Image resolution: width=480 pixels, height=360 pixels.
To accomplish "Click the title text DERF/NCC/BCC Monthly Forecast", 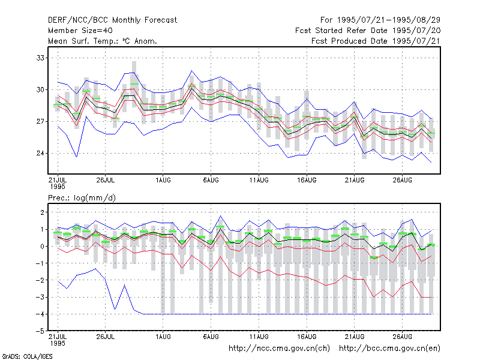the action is [112, 20].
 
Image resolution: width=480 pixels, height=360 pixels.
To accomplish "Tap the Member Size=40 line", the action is [80, 31].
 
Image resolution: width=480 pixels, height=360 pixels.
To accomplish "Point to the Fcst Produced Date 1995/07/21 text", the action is [376, 41].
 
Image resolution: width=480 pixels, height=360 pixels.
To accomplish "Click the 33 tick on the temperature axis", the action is [40, 58].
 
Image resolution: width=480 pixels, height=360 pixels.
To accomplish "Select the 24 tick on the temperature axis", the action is [40, 153].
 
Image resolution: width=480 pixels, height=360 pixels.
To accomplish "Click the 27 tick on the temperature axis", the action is [40, 122].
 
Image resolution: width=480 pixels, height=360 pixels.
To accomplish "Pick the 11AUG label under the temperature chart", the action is [259, 180].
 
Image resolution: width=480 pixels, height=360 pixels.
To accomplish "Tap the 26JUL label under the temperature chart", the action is [106, 180].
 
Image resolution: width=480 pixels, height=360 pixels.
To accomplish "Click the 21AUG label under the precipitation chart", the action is [355, 337].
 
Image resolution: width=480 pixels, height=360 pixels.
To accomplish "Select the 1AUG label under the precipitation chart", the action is [163, 337].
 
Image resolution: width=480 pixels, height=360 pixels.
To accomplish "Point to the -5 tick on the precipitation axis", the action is [40, 331].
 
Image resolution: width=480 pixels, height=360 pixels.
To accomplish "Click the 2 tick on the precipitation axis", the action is [42, 212].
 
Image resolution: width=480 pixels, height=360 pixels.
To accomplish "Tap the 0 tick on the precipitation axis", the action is [42, 246].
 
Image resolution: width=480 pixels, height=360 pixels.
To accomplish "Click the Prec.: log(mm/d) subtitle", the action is [82, 198].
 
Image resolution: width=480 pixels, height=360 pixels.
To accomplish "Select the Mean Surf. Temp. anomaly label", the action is [102, 41].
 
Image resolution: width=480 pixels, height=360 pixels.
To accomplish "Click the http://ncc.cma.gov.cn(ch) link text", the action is [279, 349].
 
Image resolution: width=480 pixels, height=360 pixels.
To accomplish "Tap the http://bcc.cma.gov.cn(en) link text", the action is [389, 349].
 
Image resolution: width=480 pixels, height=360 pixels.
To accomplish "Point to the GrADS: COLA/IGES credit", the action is [27, 356].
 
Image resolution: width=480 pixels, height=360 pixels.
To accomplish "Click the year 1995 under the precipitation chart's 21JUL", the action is [58, 343].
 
